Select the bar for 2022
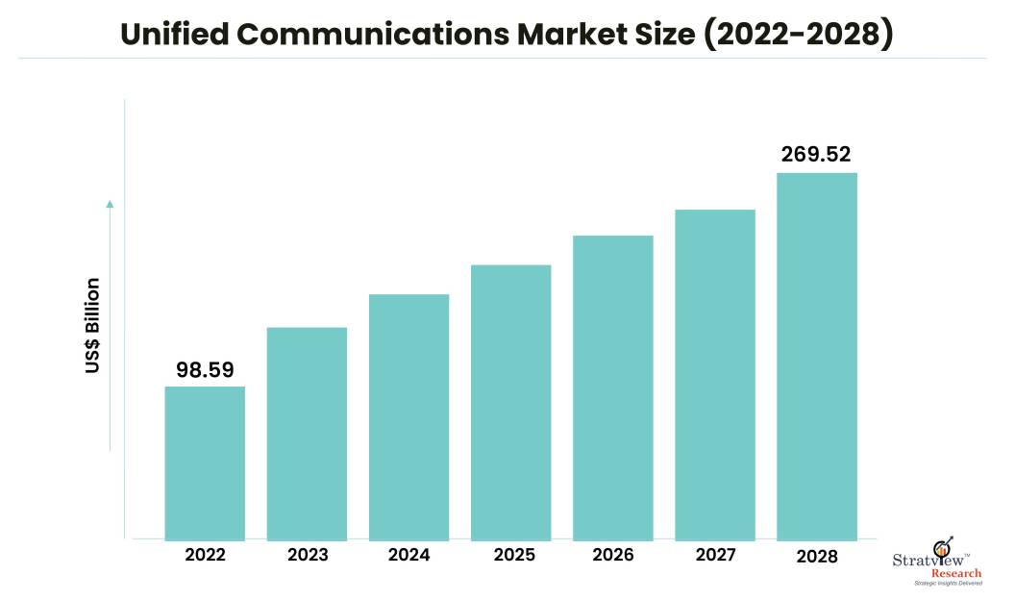205,462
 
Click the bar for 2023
307,433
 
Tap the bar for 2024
408,416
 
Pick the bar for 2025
510,402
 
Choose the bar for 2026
613,387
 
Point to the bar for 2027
715,374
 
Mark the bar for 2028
817,356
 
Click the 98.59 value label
205,369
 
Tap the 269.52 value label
816,155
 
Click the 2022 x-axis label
205,555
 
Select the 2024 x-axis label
408,555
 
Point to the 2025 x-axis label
510,555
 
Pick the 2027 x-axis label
715,555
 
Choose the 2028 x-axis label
817,556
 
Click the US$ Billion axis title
92,326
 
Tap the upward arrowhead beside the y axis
110,204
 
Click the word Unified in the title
174,35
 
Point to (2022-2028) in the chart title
797,35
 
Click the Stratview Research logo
941,566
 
